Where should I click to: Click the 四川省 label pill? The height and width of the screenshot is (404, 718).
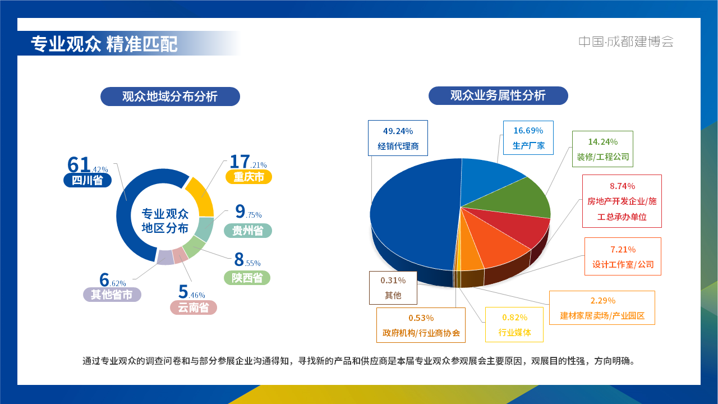point(88,180)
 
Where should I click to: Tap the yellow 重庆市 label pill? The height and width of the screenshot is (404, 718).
point(248,177)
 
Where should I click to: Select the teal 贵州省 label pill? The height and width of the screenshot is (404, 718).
point(247,231)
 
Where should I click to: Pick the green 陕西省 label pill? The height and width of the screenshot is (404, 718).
point(247,278)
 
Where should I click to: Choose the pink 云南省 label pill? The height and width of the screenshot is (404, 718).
point(193,307)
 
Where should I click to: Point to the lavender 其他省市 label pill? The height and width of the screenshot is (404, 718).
point(112,295)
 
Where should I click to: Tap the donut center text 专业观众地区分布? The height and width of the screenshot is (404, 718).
point(165,221)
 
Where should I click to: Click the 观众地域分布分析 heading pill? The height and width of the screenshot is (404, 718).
point(170,97)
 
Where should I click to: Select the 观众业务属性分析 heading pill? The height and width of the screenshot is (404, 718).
point(498,95)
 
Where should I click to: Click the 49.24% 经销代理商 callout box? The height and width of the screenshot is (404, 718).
point(398,138)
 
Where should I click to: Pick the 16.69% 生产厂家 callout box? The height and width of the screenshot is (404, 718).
point(528,137)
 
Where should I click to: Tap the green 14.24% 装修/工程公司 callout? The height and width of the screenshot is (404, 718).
point(602,149)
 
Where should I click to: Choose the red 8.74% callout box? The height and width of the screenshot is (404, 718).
point(622,201)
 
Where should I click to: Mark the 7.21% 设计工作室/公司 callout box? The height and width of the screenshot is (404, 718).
point(623,256)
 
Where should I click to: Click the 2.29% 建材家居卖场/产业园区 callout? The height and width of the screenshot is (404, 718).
point(602,307)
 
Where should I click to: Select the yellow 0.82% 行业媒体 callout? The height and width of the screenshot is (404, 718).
point(514,324)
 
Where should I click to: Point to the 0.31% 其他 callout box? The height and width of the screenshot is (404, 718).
point(393,287)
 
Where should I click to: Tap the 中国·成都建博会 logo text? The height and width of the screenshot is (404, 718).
point(626,42)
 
